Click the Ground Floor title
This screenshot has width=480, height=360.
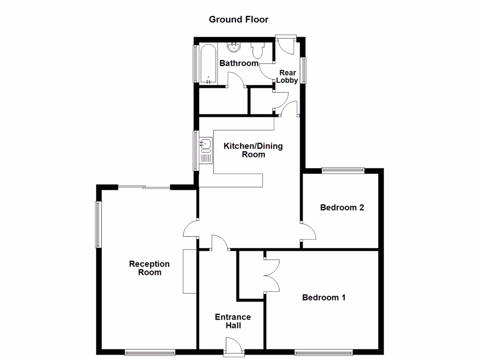click(238, 19)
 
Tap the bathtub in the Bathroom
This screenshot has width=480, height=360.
click(209, 64)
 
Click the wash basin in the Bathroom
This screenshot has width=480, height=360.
click(234, 47)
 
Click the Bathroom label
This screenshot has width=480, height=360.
click(239, 63)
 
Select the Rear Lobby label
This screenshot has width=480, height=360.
click(287, 76)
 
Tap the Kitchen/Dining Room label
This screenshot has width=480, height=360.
click(253, 150)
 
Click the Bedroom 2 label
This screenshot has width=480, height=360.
click(342, 207)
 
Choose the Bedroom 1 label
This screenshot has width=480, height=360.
click(323, 297)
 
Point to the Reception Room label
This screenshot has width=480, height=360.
click(149, 268)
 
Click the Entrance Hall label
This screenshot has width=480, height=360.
click(232, 321)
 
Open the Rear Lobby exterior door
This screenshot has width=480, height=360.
click(285, 44)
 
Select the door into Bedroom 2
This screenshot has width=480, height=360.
click(308, 233)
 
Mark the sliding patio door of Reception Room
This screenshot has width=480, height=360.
click(143, 187)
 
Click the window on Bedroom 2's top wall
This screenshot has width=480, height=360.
click(343, 171)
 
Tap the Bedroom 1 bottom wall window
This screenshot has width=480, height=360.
click(323, 352)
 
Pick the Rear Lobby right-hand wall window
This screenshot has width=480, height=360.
click(304, 70)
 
